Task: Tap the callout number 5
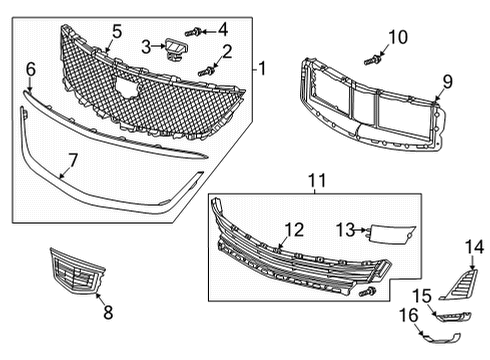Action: [x=117, y=32]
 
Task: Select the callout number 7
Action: [x=72, y=159]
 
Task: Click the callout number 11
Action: [x=317, y=180]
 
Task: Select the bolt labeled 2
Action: [x=208, y=70]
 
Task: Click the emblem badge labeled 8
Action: [x=74, y=271]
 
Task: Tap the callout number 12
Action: [x=293, y=230]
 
